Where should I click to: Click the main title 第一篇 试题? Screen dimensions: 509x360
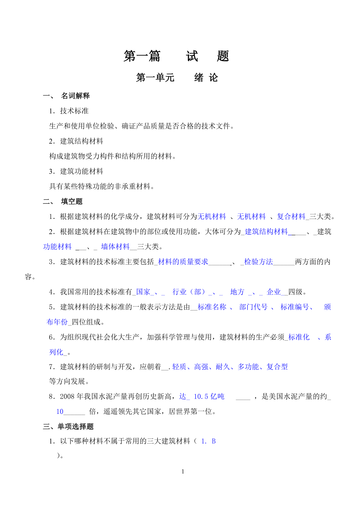(x=176, y=56)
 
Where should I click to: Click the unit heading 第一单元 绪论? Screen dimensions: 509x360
(x=177, y=78)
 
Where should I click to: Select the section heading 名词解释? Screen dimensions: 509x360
(x=76, y=96)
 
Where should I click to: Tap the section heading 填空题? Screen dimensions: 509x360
(x=72, y=202)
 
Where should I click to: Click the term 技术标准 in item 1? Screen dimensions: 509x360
(x=74, y=111)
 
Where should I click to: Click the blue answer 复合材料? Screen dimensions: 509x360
(x=291, y=217)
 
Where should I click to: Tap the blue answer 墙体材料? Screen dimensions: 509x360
(x=115, y=247)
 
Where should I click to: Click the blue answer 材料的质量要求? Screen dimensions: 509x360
(x=183, y=262)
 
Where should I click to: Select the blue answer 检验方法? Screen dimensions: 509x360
(x=259, y=262)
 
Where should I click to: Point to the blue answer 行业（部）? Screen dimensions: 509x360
(x=189, y=292)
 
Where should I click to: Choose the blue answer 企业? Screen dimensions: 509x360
(x=274, y=292)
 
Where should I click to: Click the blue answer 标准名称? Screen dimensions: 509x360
(x=212, y=307)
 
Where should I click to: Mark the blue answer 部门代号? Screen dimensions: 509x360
(x=254, y=307)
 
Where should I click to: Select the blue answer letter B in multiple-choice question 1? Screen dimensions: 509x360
(x=214, y=441)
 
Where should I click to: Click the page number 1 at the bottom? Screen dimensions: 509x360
(x=183, y=472)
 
